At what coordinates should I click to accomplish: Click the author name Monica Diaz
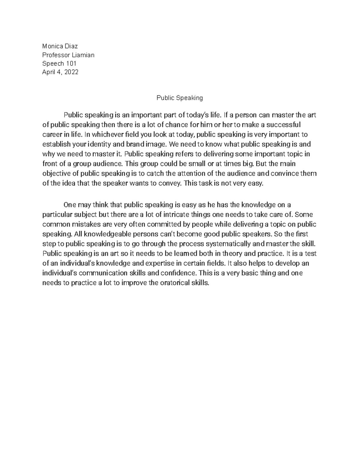coord(60,46)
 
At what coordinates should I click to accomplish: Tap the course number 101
coord(71,64)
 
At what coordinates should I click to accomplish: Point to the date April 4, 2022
coord(60,72)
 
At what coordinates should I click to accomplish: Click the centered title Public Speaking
coord(180,98)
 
